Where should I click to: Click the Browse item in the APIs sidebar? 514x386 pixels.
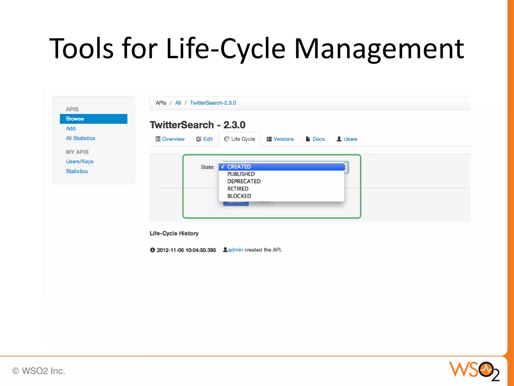(x=93, y=119)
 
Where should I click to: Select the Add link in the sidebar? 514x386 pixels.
(x=71, y=128)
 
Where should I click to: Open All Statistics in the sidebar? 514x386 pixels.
(x=80, y=138)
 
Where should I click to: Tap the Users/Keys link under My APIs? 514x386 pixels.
(x=80, y=161)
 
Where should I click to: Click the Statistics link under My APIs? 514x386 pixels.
(x=77, y=171)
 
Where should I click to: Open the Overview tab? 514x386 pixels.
(x=170, y=139)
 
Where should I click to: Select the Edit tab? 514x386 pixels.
(x=205, y=139)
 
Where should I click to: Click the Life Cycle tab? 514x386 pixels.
(x=240, y=139)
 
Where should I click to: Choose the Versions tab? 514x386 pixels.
(x=280, y=139)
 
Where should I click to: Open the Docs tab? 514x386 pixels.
(x=315, y=139)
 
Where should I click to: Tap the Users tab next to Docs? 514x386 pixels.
(x=347, y=139)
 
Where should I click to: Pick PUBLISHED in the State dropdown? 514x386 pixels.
(x=241, y=174)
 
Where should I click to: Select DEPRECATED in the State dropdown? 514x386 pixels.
(x=244, y=181)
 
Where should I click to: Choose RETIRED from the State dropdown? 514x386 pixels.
(x=238, y=188)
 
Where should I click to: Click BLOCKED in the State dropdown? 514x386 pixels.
(x=239, y=196)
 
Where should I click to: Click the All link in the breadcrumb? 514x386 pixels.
(x=178, y=103)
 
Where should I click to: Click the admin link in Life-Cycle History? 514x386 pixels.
(x=235, y=250)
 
